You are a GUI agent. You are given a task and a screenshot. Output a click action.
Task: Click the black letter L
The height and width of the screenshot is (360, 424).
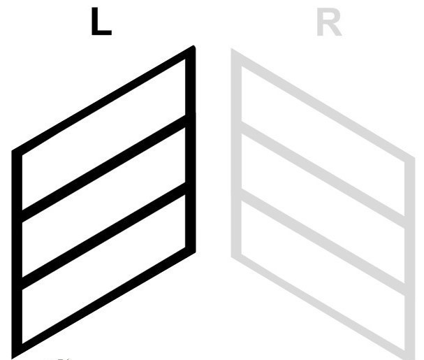click(x=101, y=22)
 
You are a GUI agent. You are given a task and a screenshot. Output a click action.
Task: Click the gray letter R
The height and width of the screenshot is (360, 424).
click(x=329, y=22)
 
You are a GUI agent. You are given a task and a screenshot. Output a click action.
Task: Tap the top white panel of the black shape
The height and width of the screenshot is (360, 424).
click(x=103, y=134)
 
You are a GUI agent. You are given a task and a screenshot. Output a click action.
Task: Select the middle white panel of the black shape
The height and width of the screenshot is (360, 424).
click(x=103, y=202)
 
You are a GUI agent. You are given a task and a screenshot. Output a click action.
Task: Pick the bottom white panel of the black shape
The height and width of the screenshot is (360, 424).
click(x=103, y=269)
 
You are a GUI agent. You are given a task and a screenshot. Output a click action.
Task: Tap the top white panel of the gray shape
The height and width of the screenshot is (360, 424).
click(x=323, y=141)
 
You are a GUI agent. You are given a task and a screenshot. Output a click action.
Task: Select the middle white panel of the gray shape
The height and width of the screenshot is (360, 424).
click(x=323, y=208)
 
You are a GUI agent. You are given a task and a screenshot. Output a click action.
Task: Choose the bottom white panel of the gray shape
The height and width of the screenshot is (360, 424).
click(x=323, y=275)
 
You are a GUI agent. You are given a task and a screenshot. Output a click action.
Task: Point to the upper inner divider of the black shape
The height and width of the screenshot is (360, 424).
click(x=103, y=168)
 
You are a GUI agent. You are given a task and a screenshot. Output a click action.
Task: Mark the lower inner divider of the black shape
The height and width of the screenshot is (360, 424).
click(x=103, y=236)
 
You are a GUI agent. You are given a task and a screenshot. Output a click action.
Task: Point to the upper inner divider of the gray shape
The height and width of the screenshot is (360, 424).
click(x=323, y=175)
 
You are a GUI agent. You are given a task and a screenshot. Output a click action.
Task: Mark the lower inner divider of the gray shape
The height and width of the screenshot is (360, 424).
click(x=323, y=242)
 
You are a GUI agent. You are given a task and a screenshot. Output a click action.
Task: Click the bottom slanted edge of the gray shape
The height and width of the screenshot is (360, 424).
click(x=323, y=309)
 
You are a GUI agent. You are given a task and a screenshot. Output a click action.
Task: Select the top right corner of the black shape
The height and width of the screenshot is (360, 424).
click(x=193, y=46)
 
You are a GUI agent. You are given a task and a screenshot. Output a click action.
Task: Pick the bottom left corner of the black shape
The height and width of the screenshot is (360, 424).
click(x=12, y=359)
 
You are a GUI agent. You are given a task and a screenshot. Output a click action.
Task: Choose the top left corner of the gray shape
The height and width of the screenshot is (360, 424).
click(x=231, y=49)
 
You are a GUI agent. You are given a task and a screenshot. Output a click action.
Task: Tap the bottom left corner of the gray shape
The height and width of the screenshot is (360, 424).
click(x=231, y=257)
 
